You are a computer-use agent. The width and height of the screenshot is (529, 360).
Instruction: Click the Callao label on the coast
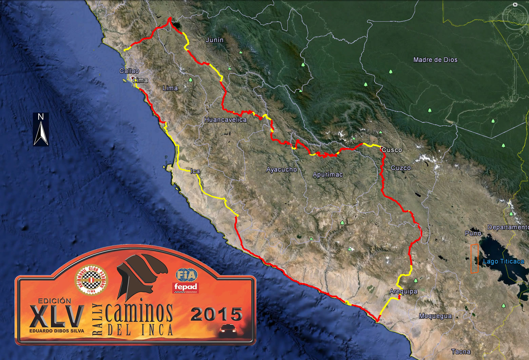(129, 71)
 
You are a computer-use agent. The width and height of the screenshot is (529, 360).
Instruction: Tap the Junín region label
(215, 40)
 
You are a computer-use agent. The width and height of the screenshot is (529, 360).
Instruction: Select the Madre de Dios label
(435, 60)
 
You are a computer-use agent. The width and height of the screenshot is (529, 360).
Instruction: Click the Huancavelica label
(226, 120)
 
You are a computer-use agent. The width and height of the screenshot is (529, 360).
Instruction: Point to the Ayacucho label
(281, 169)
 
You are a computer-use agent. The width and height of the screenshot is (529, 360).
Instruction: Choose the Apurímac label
(328, 175)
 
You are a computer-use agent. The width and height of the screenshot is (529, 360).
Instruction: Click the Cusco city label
(392, 150)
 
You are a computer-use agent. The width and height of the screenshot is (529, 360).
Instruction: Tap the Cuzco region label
(400, 168)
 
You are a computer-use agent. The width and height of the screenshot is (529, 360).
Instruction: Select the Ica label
(195, 171)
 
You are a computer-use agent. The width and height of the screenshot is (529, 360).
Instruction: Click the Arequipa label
(403, 292)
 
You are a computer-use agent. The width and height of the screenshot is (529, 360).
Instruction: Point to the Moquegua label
(435, 316)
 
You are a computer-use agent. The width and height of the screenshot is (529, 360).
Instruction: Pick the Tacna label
(461, 352)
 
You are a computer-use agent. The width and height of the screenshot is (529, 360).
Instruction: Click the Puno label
(473, 233)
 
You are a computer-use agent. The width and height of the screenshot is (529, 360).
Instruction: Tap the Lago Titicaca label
(503, 261)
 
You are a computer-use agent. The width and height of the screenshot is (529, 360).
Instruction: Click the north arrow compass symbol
(41, 129)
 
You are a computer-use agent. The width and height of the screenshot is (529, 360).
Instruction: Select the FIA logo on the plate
(186, 275)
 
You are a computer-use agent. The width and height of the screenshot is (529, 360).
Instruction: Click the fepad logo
(185, 287)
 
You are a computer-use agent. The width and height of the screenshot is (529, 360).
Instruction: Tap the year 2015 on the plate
(217, 314)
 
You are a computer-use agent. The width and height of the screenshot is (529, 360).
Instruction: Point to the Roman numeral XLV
(57, 316)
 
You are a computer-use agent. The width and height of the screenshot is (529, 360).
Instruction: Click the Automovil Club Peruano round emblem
(91, 280)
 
